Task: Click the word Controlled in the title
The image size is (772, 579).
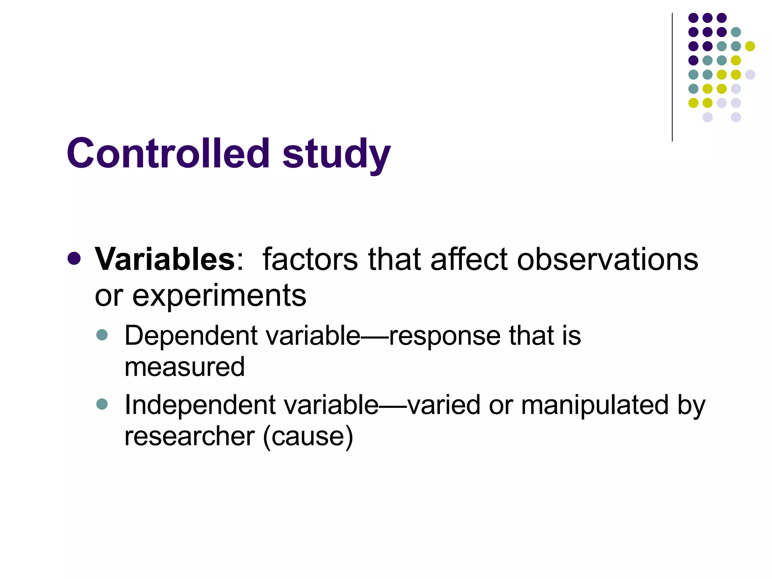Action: pos(168,153)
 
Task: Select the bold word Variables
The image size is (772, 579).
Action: pos(165,259)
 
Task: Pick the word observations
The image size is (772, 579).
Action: pos(607,259)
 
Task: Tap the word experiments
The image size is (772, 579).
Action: pos(219,296)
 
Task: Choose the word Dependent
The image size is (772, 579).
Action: pos(191,335)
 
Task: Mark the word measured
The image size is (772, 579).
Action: pos(184,367)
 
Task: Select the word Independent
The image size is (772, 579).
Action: pos(200,405)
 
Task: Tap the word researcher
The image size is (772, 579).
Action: pos(190,437)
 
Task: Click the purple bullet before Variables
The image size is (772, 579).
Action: pos(74,259)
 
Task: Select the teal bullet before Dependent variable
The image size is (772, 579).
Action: pos(102,335)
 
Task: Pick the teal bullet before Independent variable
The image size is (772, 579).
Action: pos(102,404)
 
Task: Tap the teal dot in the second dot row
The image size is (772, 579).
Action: pos(736,32)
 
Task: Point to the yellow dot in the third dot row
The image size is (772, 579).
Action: pos(750,46)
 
